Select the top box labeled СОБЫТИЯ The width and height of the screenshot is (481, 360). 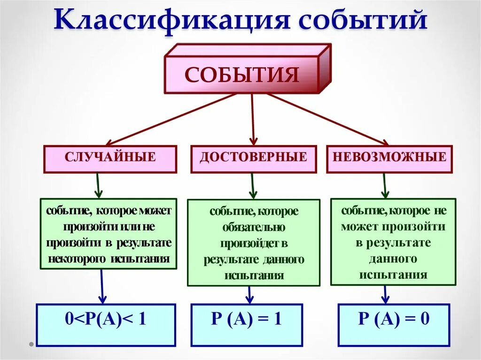[x=241, y=75]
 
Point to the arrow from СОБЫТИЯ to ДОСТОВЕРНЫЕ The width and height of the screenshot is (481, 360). [x=253, y=119]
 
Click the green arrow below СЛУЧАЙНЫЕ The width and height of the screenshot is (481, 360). [x=98, y=185]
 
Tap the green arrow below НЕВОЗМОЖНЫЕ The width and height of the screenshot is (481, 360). [x=384, y=185]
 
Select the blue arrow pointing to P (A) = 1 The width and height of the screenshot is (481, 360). [x=250, y=295]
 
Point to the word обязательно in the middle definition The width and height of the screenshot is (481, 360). [x=254, y=228]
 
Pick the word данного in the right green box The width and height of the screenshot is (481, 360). [x=393, y=259]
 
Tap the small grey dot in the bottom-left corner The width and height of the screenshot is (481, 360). [x=31, y=344]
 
